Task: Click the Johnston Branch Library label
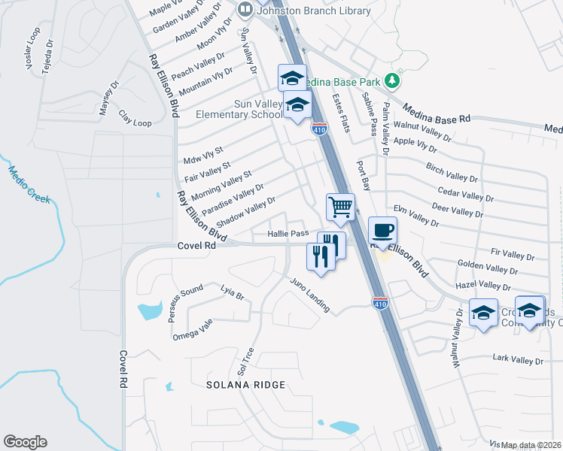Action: [314, 11]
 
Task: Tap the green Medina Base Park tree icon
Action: [391, 80]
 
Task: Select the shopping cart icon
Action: [340, 207]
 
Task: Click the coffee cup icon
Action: [383, 229]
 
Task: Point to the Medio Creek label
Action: [29, 184]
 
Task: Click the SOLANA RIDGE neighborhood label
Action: [246, 385]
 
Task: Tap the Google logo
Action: [25, 442]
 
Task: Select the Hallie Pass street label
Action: [288, 234]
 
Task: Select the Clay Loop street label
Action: [135, 119]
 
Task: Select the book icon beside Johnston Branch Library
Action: [245, 11]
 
